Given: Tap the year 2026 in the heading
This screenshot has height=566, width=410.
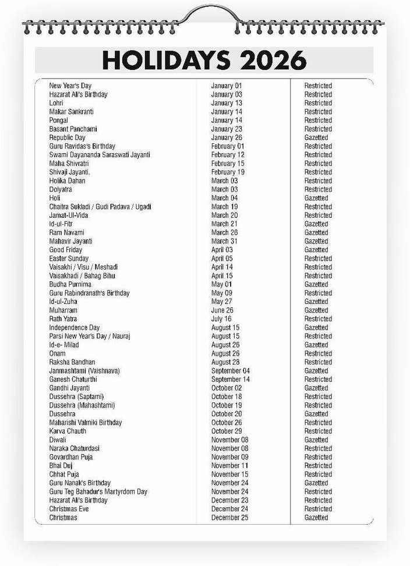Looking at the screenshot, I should [275, 59].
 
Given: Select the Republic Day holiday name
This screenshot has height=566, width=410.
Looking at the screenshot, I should [68, 137].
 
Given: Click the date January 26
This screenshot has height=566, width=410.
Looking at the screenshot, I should [227, 137].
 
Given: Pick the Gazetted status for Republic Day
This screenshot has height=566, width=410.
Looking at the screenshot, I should [316, 137].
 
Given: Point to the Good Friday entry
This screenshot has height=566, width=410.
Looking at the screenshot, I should [66, 250].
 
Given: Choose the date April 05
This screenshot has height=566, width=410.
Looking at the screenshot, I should [222, 259].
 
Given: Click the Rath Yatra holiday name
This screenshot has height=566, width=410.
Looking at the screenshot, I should [63, 319].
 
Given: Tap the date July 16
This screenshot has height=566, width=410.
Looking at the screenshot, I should [221, 319].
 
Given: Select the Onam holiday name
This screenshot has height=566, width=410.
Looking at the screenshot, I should [58, 353].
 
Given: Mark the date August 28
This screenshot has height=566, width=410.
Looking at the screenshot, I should [225, 362].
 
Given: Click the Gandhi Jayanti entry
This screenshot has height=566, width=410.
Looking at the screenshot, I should [69, 388].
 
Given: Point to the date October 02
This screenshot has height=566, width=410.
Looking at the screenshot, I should [227, 388].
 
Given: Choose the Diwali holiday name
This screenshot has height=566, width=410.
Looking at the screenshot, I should [58, 440].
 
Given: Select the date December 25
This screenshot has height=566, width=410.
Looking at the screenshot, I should [229, 518].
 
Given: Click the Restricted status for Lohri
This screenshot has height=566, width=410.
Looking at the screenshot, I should [318, 103].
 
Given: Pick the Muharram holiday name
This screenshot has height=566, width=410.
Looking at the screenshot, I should [63, 310].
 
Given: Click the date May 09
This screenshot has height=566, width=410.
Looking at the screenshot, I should [221, 293].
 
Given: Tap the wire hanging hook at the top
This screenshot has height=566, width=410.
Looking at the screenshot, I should [205, 13].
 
